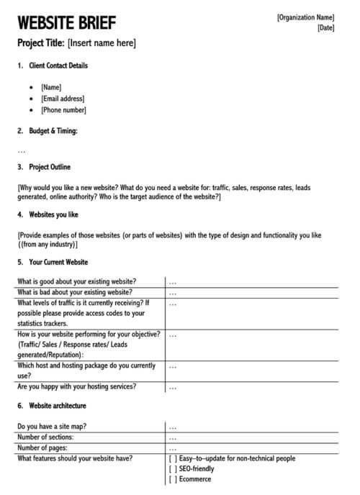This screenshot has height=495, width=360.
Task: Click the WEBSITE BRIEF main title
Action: tap(66, 22)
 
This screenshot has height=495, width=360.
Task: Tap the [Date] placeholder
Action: tap(325, 28)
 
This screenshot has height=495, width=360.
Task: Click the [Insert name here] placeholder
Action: tap(102, 43)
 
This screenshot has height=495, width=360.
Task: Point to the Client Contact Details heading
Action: tap(58, 65)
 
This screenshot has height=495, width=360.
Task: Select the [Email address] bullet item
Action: tap(63, 99)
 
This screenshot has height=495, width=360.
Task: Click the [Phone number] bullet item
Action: tap(63, 110)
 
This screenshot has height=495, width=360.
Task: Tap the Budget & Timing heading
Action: tap(53, 131)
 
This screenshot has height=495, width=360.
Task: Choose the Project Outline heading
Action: tap(50, 167)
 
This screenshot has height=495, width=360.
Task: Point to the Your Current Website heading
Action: tap(58, 262)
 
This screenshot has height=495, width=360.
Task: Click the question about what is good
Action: tap(77, 281)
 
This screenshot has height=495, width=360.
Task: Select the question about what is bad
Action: tap(75, 292)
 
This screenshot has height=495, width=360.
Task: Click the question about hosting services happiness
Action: tap(77, 386)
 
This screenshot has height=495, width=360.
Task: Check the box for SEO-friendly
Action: tap(173, 469)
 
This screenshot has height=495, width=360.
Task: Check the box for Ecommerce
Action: tap(173, 479)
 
